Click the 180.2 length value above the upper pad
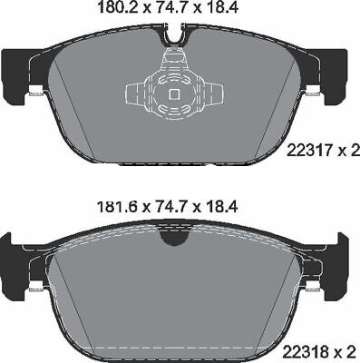point(118,7)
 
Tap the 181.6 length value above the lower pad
point(117,207)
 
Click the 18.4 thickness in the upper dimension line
point(223,7)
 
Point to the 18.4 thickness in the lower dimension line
point(223,207)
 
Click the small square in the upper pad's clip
point(174,94)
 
